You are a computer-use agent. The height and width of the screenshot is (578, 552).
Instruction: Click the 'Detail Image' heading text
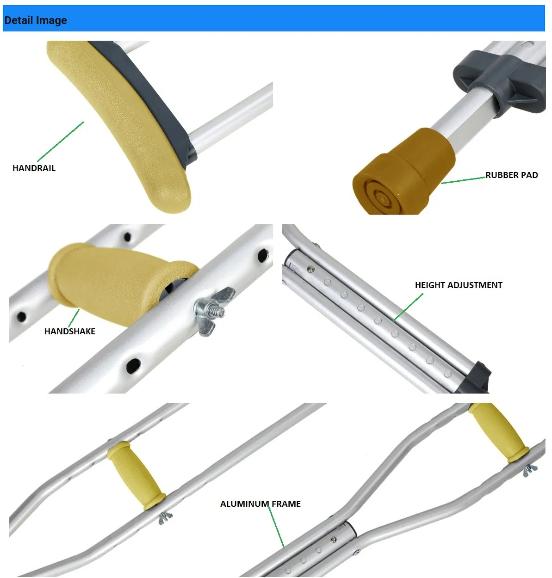pyautogui.click(x=36, y=20)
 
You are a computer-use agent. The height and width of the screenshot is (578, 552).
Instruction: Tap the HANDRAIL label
pyautogui.click(x=34, y=168)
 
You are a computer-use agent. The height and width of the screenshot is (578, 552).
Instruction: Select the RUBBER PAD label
pyautogui.click(x=511, y=175)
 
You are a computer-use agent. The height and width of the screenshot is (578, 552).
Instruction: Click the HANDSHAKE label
pyautogui.click(x=70, y=332)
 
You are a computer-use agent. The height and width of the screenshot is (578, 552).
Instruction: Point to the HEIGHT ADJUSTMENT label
pyautogui.click(x=459, y=285)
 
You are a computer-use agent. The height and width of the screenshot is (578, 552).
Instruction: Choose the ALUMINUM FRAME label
pyautogui.click(x=260, y=504)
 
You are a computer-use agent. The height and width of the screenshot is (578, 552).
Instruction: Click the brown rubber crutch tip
pyautogui.click(x=403, y=172)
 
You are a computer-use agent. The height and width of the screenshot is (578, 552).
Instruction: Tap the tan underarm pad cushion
pyautogui.click(x=118, y=123)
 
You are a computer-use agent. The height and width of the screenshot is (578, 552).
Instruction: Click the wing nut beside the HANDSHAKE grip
pyautogui.click(x=214, y=311)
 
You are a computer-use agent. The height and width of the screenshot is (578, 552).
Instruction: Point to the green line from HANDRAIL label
pyautogui.click(x=60, y=141)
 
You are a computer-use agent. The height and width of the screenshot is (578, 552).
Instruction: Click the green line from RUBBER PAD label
pyautogui.click(x=463, y=180)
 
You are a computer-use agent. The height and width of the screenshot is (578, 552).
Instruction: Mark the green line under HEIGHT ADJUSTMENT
pyautogui.click(x=408, y=307)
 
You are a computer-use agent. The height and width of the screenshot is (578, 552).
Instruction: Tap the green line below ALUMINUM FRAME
pyautogui.click(x=276, y=526)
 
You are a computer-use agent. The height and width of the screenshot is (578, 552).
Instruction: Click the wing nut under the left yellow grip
pyautogui.click(x=165, y=517)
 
